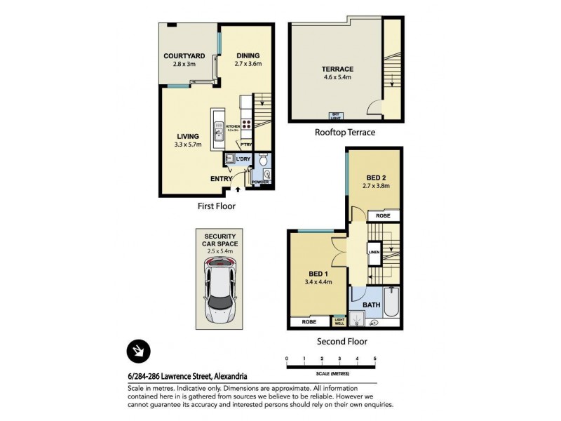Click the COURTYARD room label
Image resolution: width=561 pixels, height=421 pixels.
184,55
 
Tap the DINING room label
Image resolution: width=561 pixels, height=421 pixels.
248,55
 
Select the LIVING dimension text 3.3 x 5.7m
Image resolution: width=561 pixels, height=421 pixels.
188,145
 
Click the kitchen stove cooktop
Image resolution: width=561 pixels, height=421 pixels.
247,128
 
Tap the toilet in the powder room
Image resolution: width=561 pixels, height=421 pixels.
264,159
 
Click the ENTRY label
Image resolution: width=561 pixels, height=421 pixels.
221,179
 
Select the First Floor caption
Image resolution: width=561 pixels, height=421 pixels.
216,206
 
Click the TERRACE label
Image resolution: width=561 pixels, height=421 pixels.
337,69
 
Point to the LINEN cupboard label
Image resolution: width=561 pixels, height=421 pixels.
374,250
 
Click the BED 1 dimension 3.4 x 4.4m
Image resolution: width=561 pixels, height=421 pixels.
318,282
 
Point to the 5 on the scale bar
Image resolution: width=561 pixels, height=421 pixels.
375,359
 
